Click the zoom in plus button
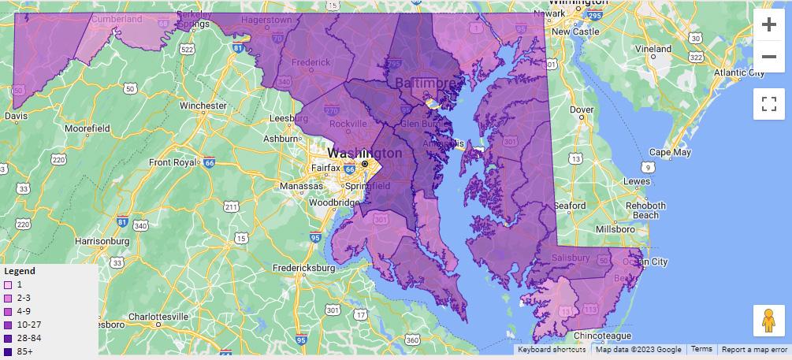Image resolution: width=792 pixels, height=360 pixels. tap(768, 24)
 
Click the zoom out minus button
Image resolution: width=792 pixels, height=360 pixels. tap(768, 57)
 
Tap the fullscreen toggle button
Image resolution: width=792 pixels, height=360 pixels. tap(768, 103)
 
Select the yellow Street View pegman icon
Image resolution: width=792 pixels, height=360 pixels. tap(768, 321)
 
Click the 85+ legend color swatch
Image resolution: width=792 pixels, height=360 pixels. tap(8, 351)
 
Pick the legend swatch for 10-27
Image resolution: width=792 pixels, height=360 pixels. tap(8, 325)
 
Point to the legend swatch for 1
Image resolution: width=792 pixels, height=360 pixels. tap(8, 284)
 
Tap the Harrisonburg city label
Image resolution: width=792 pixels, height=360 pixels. tap(107, 240)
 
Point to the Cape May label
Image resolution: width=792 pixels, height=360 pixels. tap(670, 152)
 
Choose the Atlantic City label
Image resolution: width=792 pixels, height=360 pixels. tap(738, 72)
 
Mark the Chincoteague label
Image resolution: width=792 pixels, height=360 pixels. tap(603, 336)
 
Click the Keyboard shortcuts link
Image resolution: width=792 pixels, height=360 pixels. tap(552, 349)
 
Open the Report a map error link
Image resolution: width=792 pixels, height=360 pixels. tap(754, 349)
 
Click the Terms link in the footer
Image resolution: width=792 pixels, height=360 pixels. tap(701, 349)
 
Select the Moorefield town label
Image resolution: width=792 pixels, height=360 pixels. tap(87, 128)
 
